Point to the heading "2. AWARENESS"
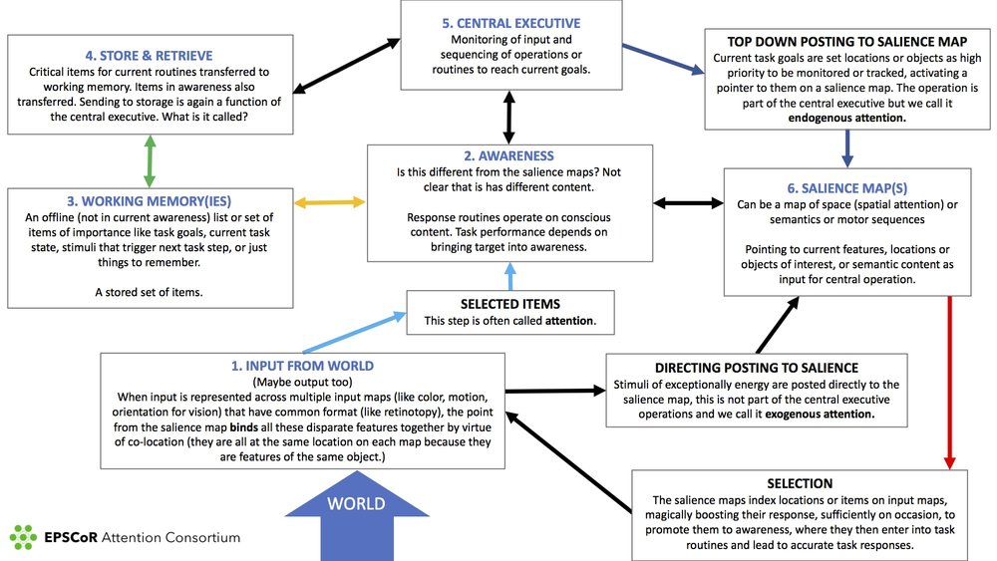point(508,156)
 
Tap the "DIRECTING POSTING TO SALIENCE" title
point(757,368)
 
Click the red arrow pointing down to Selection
point(948,384)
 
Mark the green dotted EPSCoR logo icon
point(23,536)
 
